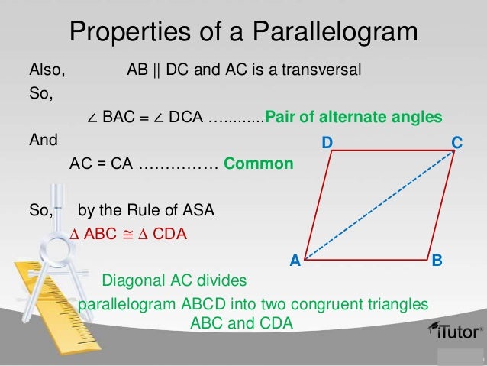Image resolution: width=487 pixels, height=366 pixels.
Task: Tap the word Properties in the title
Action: [125, 31]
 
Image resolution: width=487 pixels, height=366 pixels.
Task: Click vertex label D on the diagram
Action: [327, 143]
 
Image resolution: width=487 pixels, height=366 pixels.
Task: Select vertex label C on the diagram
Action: [456, 143]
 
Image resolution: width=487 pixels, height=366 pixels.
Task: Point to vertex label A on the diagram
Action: [295, 261]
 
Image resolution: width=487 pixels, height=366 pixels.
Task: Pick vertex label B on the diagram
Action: [437, 261]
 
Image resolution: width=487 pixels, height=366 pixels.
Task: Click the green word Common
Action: [258, 164]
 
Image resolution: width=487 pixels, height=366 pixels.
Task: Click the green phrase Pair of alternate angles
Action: [353, 118]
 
